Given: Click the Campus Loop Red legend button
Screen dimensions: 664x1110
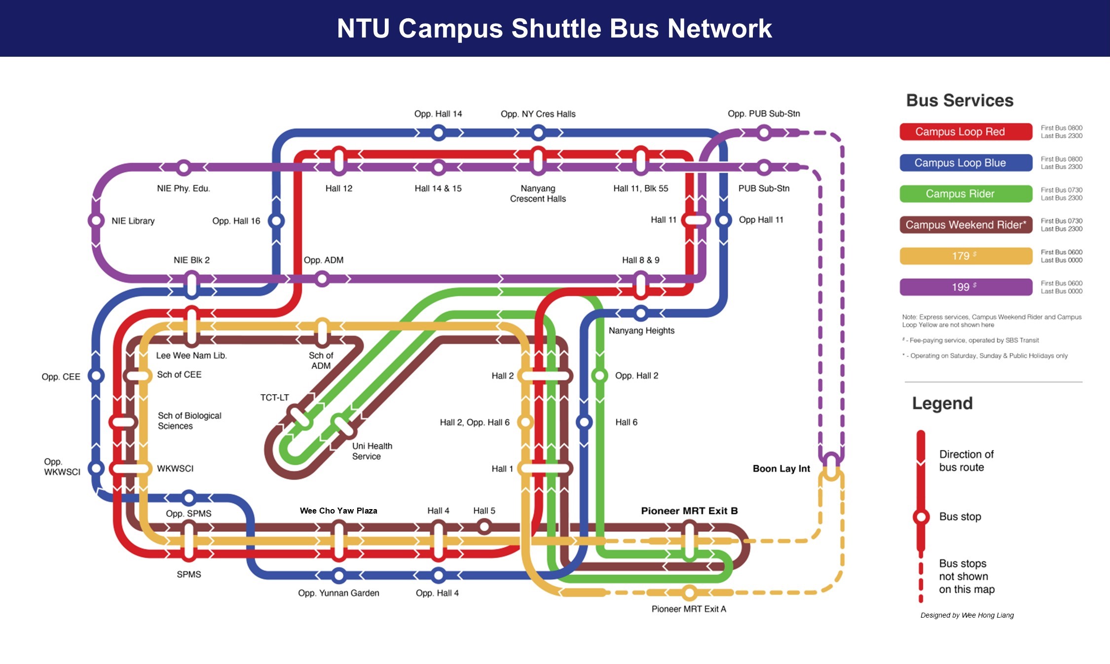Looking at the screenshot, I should (965, 132).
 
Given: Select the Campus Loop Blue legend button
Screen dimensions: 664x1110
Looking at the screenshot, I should (965, 163).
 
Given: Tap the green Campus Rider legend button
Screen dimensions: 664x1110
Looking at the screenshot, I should (965, 194).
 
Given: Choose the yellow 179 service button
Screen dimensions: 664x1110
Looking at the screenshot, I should (965, 256).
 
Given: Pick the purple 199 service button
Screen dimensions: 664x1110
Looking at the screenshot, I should (965, 287).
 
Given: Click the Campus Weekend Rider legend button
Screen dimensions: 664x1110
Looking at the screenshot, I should (965, 225).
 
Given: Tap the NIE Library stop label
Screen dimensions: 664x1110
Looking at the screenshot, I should (133, 221).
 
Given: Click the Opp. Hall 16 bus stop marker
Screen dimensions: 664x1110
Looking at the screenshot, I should (276, 221).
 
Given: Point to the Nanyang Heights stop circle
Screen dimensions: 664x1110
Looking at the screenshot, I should (640, 313).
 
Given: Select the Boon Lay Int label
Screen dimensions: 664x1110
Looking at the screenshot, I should (781, 469).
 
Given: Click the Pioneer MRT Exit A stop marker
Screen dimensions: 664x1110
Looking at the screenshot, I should (689, 592).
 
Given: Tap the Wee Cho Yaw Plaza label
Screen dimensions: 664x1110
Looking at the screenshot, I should (338, 511).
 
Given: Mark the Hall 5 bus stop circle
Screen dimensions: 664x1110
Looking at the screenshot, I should (484, 527).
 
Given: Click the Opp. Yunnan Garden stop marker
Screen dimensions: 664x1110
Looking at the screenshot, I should (338, 575).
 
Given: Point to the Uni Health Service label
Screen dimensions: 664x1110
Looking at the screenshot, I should (372, 451).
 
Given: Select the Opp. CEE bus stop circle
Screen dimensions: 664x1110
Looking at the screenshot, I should (96, 376).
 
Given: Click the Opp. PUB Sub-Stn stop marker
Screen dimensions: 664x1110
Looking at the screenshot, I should (764, 132).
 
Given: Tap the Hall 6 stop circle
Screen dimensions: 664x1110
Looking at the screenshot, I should (584, 422).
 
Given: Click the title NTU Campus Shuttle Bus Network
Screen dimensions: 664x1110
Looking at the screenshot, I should (554, 28).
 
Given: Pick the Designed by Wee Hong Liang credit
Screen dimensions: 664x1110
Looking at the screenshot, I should (967, 615).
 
